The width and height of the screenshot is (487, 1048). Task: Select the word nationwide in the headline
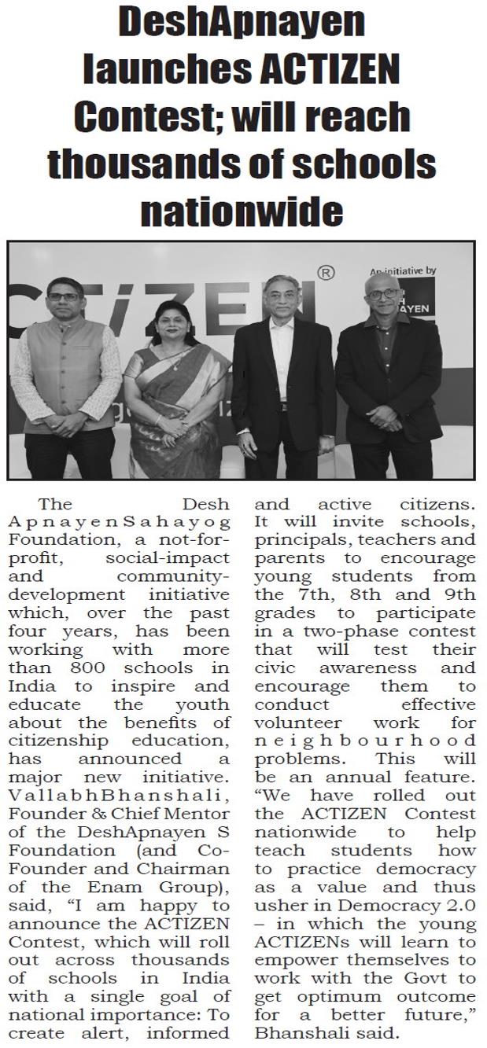(243, 211)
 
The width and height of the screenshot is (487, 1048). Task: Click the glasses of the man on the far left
(65, 297)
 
